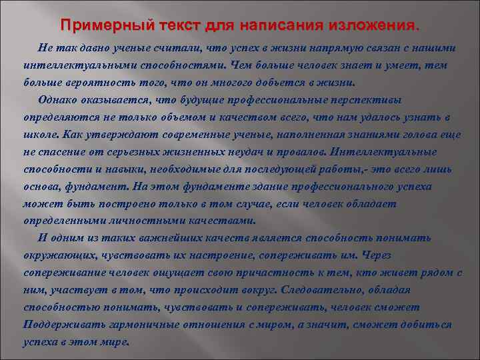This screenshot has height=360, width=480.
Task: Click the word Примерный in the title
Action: point(99,26)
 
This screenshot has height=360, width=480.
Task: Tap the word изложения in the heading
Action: point(371,26)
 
